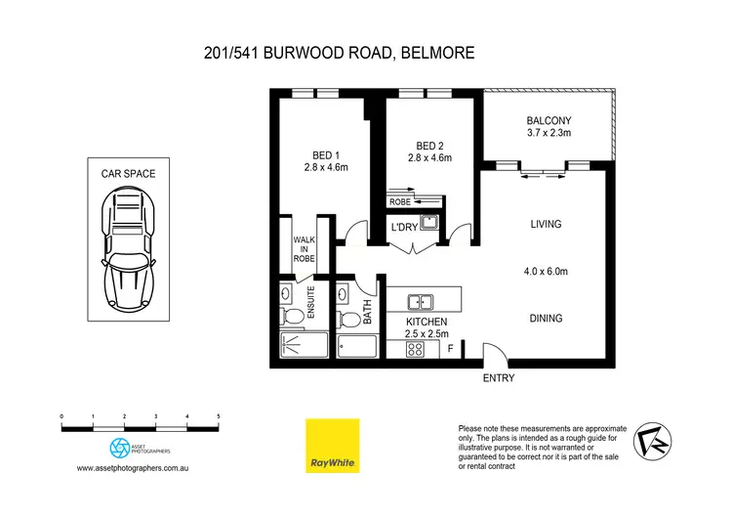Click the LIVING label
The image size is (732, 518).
coord(546,224)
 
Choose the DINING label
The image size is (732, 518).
coord(546,318)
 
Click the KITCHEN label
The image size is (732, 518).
coord(427,322)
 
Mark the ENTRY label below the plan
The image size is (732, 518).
coord(498,378)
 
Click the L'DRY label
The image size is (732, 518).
coord(404,228)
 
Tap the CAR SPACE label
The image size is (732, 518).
coord(128,174)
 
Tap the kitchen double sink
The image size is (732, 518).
coord(422,303)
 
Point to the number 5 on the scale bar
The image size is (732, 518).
coord(219,416)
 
